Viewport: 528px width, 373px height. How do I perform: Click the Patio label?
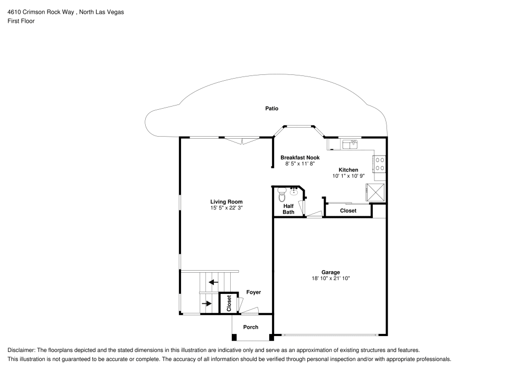pos(271,109)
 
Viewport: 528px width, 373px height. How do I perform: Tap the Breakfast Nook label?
pos(300,158)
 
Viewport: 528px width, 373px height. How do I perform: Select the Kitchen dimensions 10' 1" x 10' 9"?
pos(348,176)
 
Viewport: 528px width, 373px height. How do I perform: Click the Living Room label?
pos(226,202)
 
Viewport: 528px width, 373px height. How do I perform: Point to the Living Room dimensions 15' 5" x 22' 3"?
pos(226,208)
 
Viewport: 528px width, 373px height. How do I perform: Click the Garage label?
pos(331,272)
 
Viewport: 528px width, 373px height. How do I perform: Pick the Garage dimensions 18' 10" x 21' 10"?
pos(331,279)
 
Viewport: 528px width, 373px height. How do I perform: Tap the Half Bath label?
pos(288,209)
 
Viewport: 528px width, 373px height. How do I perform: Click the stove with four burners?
pos(380,164)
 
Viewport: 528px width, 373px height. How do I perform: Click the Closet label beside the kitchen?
pos(348,211)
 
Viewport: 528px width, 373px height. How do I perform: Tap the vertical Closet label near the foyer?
pos(229,303)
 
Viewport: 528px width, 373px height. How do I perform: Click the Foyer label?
pos(253,292)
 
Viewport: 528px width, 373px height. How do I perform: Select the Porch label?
pos(251,327)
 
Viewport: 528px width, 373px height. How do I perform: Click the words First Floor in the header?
pos(21,21)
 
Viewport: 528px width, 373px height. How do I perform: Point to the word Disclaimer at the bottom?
pos(21,350)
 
